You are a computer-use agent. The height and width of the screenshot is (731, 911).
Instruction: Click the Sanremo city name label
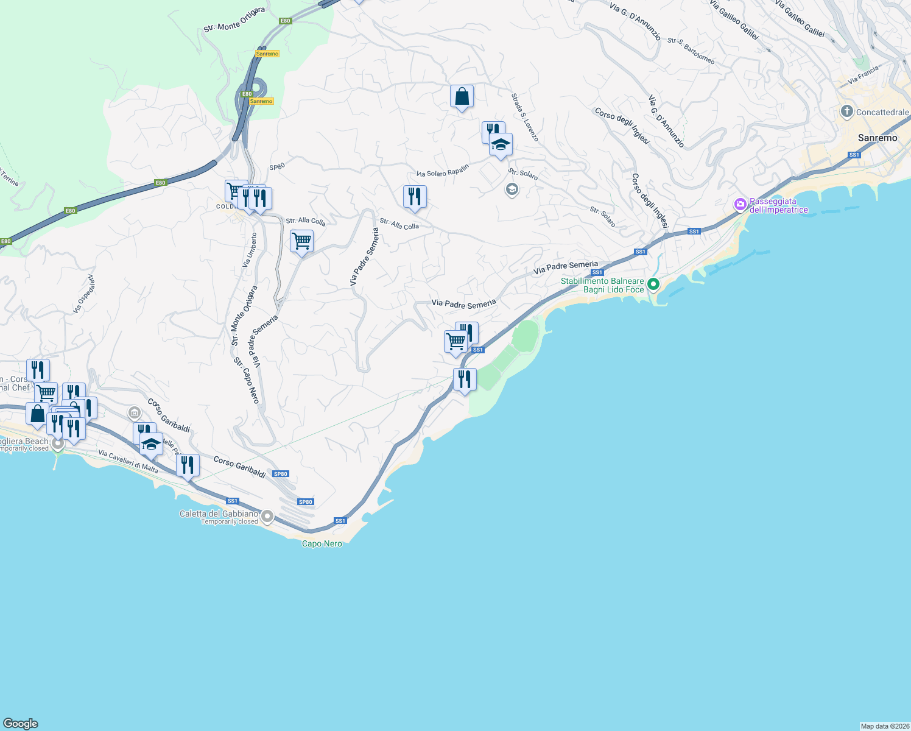click(x=877, y=138)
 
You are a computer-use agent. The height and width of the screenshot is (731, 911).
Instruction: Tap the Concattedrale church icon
click(x=846, y=111)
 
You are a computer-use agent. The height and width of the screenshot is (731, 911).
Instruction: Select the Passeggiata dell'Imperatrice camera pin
click(x=740, y=205)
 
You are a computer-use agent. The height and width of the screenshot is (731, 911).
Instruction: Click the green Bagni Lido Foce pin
click(x=653, y=284)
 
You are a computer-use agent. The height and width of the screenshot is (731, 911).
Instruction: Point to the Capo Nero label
click(x=322, y=543)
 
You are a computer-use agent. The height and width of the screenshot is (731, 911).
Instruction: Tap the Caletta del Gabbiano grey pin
click(x=267, y=517)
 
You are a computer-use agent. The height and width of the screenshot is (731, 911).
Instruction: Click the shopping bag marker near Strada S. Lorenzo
click(x=462, y=97)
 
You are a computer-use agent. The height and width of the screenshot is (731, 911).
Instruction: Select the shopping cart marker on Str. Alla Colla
click(x=301, y=242)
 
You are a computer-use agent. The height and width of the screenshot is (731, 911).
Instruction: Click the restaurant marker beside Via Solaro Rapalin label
click(x=415, y=197)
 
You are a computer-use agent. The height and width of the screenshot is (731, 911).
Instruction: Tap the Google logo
click(x=21, y=724)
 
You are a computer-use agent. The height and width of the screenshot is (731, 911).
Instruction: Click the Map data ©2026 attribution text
click(x=884, y=726)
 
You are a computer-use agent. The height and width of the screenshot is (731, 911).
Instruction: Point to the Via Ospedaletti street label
click(x=85, y=294)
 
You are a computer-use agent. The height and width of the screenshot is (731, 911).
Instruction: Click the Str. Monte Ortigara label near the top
click(x=234, y=19)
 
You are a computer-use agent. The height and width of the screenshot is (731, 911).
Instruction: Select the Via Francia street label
click(x=863, y=75)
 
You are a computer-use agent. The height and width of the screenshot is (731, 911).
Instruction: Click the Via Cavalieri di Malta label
click(x=128, y=462)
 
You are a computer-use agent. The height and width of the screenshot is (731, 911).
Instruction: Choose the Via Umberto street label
click(x=250, y=250)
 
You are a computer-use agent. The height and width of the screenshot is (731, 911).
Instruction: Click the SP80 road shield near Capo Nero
click(x=305, y=502)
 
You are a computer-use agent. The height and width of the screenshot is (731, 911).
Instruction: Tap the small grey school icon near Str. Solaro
click(x=512, y=190)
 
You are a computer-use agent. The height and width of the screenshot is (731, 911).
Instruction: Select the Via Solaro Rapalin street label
click(x=443, y=171)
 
